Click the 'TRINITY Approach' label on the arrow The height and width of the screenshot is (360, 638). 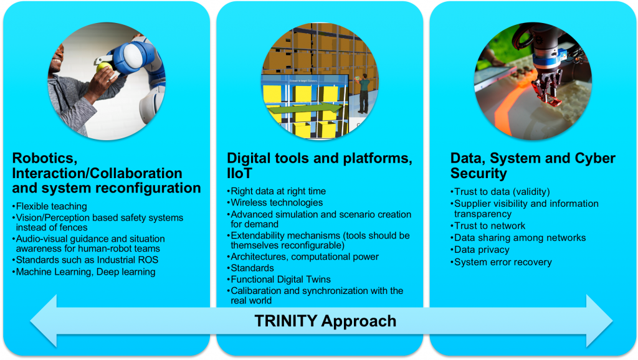(325, 321)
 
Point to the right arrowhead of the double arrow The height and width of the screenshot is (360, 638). (599, 321)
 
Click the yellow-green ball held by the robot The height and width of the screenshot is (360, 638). (104, 67)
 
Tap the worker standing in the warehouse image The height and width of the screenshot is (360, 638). (363, 93)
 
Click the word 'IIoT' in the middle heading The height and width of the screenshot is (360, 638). (239, 173)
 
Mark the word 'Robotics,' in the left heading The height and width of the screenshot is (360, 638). (45, 158)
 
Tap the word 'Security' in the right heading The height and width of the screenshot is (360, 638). (478, 173)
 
